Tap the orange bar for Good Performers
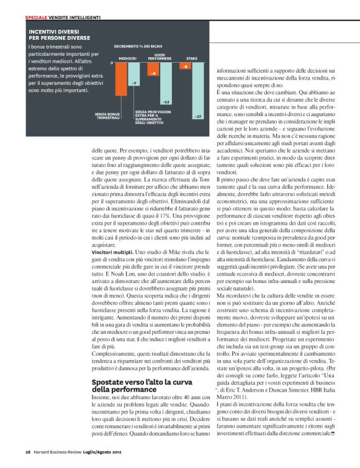coord(153,70)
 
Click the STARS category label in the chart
coord(192,58)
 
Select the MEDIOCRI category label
coord(127,58)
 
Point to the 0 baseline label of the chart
coord(112,63)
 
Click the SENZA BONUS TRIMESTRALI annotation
coord(107,115)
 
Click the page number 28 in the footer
coord(28,451)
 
